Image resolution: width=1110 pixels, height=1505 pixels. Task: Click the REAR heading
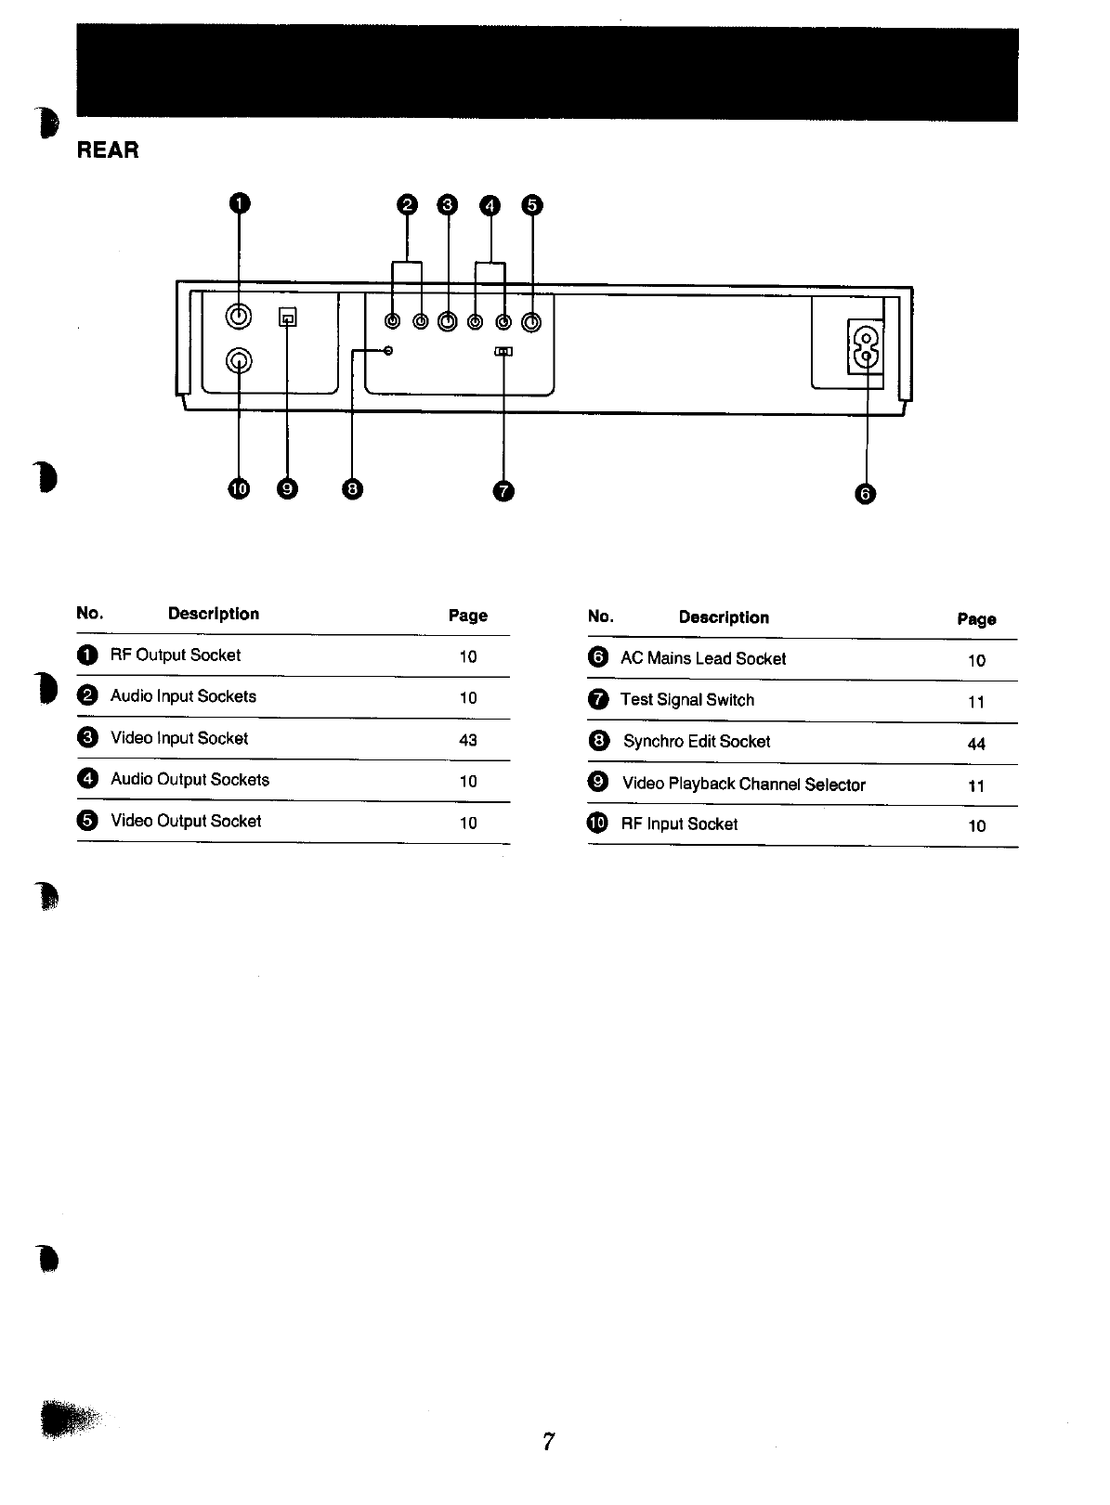pos(108,150)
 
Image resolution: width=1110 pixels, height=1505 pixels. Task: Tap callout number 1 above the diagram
pos(240,203)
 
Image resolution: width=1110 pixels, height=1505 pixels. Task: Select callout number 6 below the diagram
pos(865,493)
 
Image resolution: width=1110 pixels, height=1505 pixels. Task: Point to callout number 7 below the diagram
pos(503,491)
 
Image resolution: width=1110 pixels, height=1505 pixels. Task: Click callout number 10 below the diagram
pos(239,489)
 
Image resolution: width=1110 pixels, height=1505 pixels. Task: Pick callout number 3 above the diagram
pos(448,205)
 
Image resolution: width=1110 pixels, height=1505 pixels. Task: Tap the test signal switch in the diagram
pos(503,352)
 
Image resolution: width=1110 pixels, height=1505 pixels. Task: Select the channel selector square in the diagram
pos(288,318)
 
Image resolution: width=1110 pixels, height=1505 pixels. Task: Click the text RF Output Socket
pos(176,655)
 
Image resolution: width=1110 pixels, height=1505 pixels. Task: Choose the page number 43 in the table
pos(468,740)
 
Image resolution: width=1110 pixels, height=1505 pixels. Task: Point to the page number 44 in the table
pos(976,744)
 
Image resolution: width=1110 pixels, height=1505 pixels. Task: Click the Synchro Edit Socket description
pos(697,742)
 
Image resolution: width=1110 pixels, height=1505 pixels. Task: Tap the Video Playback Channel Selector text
pos(743,785)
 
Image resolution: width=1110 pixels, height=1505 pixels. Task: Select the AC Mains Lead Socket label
pos(703,659)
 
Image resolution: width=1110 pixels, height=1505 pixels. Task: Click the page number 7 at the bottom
pos(549,1441)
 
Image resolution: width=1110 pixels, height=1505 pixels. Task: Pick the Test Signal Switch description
pos(687,700)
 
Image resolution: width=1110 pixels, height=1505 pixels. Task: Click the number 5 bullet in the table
pos(87,821)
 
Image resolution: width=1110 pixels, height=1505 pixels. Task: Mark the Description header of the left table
pos(214,614)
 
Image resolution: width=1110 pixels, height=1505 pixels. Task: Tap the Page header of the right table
pos(976,619)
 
